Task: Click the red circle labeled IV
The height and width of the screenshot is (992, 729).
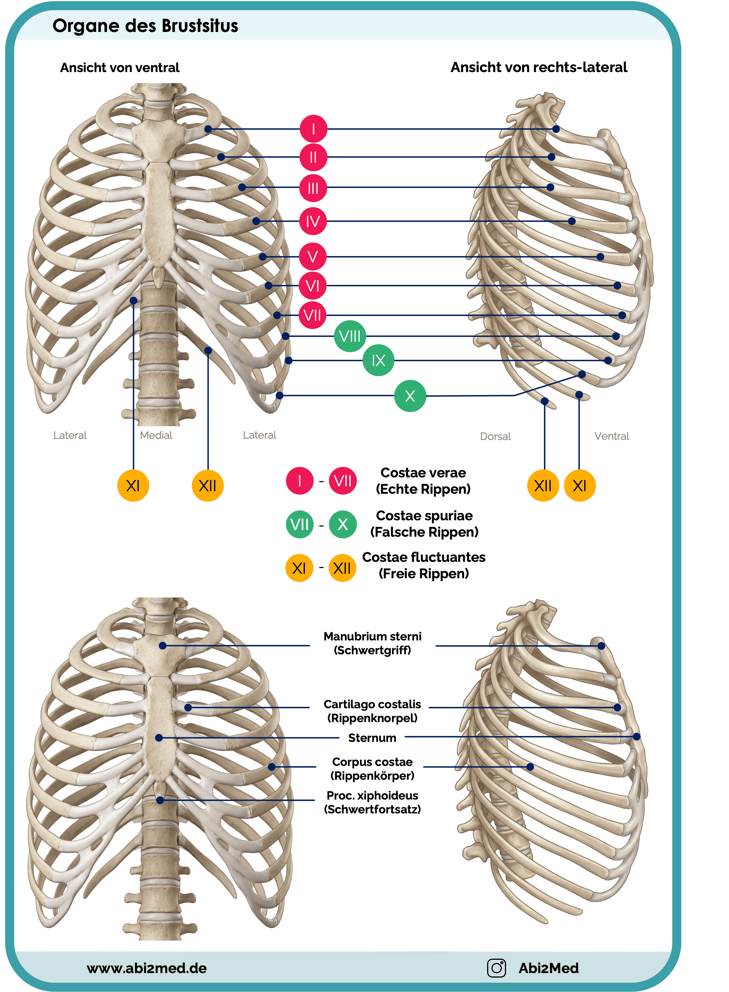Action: click(x=313, y=221)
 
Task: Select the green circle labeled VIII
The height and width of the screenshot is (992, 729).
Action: click(x=350, y=336)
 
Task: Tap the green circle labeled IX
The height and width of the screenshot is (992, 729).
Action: click(x=378, y=361)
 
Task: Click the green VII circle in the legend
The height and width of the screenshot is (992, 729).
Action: click(x=300, y=524)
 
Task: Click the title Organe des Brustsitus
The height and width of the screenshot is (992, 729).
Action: click(x=145, y=26)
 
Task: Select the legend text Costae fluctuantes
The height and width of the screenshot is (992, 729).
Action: click(x=424, y=557)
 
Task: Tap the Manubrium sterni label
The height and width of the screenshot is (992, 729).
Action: click(x=372, y=636)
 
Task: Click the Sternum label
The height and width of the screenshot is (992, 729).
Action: click(x=372, y=738)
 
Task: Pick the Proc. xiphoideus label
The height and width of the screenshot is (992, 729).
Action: click(x=372, y=796)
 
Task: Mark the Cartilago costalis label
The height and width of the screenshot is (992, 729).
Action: click(x=372, y=704)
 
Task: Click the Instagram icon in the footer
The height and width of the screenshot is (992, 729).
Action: click(x=496, y=968)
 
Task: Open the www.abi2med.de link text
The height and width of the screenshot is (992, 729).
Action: click(x=147, y=968)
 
